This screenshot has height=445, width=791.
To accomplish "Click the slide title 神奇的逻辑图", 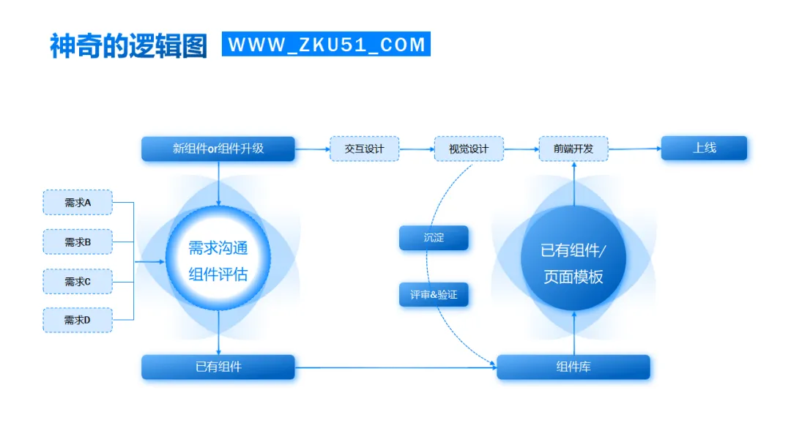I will click(128, 45).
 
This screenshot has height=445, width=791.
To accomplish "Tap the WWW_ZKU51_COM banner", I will click(326, 44).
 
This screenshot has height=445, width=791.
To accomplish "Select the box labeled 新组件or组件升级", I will click(218, 149).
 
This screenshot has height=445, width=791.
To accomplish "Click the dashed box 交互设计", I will click(364, 149).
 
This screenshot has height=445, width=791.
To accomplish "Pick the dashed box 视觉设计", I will click(469, 149).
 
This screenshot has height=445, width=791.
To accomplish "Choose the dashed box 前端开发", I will click(573, 149).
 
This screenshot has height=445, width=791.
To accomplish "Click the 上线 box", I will click(704, 148).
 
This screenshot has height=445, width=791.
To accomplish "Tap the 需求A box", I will click(78, 202).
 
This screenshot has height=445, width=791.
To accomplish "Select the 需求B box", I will click(78, 242).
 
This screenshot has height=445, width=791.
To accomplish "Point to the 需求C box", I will click(78, 281).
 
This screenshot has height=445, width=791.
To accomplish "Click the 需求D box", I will click(78, 320).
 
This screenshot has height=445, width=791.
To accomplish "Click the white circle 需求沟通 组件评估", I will click(218, 261).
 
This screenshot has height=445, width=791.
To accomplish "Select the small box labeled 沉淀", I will click(434, 238).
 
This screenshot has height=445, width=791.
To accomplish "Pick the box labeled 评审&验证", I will click(434, 294).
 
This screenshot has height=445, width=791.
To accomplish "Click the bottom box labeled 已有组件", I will click(218, 367).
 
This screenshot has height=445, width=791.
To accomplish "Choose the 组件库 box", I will click(573, 367).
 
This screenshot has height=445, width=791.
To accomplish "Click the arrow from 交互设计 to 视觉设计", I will click(417, 149).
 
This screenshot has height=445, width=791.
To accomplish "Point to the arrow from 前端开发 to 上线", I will click(634, 149).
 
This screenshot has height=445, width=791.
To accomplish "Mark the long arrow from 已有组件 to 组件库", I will click(395, 367).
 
